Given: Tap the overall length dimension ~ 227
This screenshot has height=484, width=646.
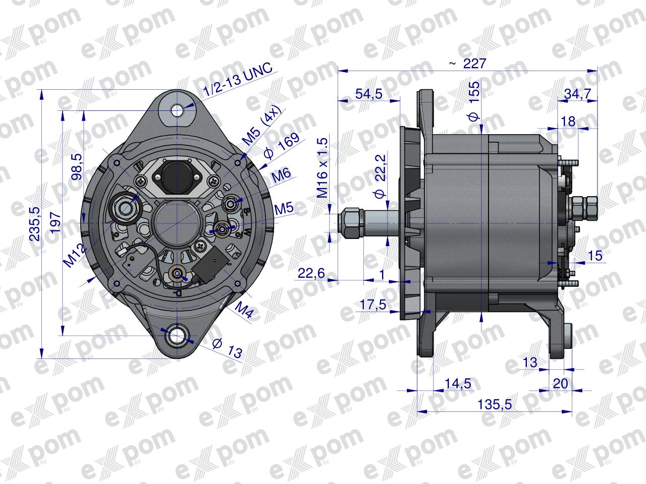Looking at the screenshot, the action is tap(468, 64).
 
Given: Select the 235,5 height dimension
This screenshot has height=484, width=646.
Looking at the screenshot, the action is tap(35, 224).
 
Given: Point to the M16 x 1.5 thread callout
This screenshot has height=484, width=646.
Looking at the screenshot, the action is tap(322, 168).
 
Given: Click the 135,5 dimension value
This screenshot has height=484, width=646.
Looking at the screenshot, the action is tap(495, 405).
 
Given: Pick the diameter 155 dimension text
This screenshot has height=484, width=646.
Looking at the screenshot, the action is tap(473, 101).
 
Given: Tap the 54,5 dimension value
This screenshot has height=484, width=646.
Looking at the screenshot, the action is tap(369, 94).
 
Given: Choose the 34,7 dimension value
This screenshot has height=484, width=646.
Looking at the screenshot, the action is tap(577, 94).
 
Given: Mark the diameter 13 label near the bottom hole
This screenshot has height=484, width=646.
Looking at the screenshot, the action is tap(227, 347).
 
